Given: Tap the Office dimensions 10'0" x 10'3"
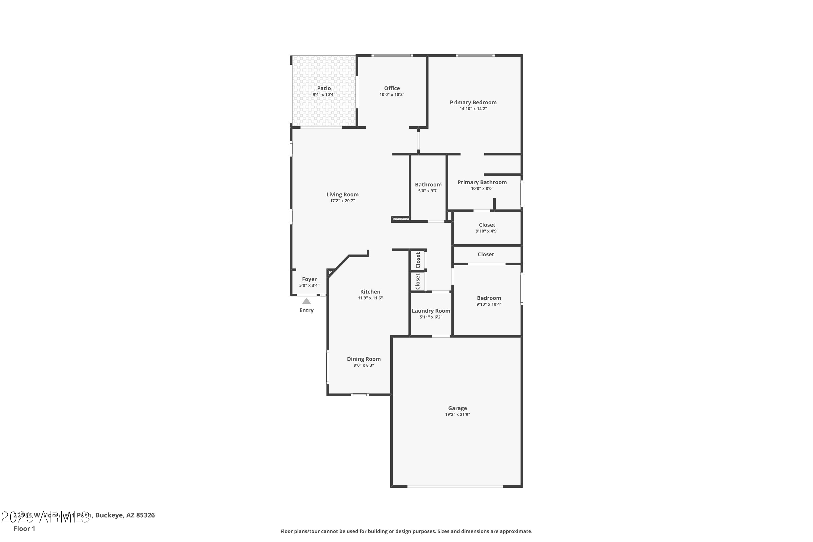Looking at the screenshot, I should (392, 95).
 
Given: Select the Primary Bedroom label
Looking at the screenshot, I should (473, 102).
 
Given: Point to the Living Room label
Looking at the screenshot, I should (342, 195).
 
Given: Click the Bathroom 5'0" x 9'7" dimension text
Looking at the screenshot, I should (428, 191).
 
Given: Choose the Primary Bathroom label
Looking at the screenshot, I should (482, 182).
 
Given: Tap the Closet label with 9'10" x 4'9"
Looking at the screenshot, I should (487, 225).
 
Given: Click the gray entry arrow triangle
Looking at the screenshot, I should (306, 301).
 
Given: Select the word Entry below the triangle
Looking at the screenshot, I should (306, 310).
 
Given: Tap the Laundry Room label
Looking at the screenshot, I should (431, 311).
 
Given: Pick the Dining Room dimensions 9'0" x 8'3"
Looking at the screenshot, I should (364, 365).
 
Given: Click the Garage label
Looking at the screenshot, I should (457, 408).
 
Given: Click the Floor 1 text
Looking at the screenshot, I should (24, 528).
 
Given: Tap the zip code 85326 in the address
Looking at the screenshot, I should (145, 515).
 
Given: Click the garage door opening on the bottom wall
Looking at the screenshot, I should (455, 486).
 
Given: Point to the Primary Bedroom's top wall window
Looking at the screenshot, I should (475, 55).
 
